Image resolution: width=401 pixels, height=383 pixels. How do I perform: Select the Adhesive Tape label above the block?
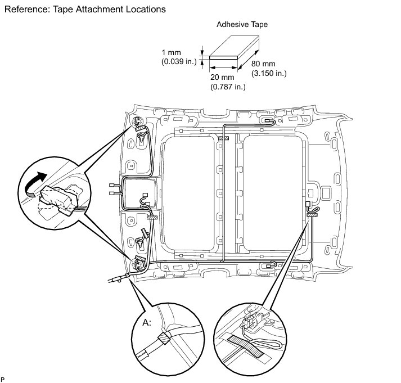[242, 25]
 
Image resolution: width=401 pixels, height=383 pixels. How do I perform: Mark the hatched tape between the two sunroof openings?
[224, 138]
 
